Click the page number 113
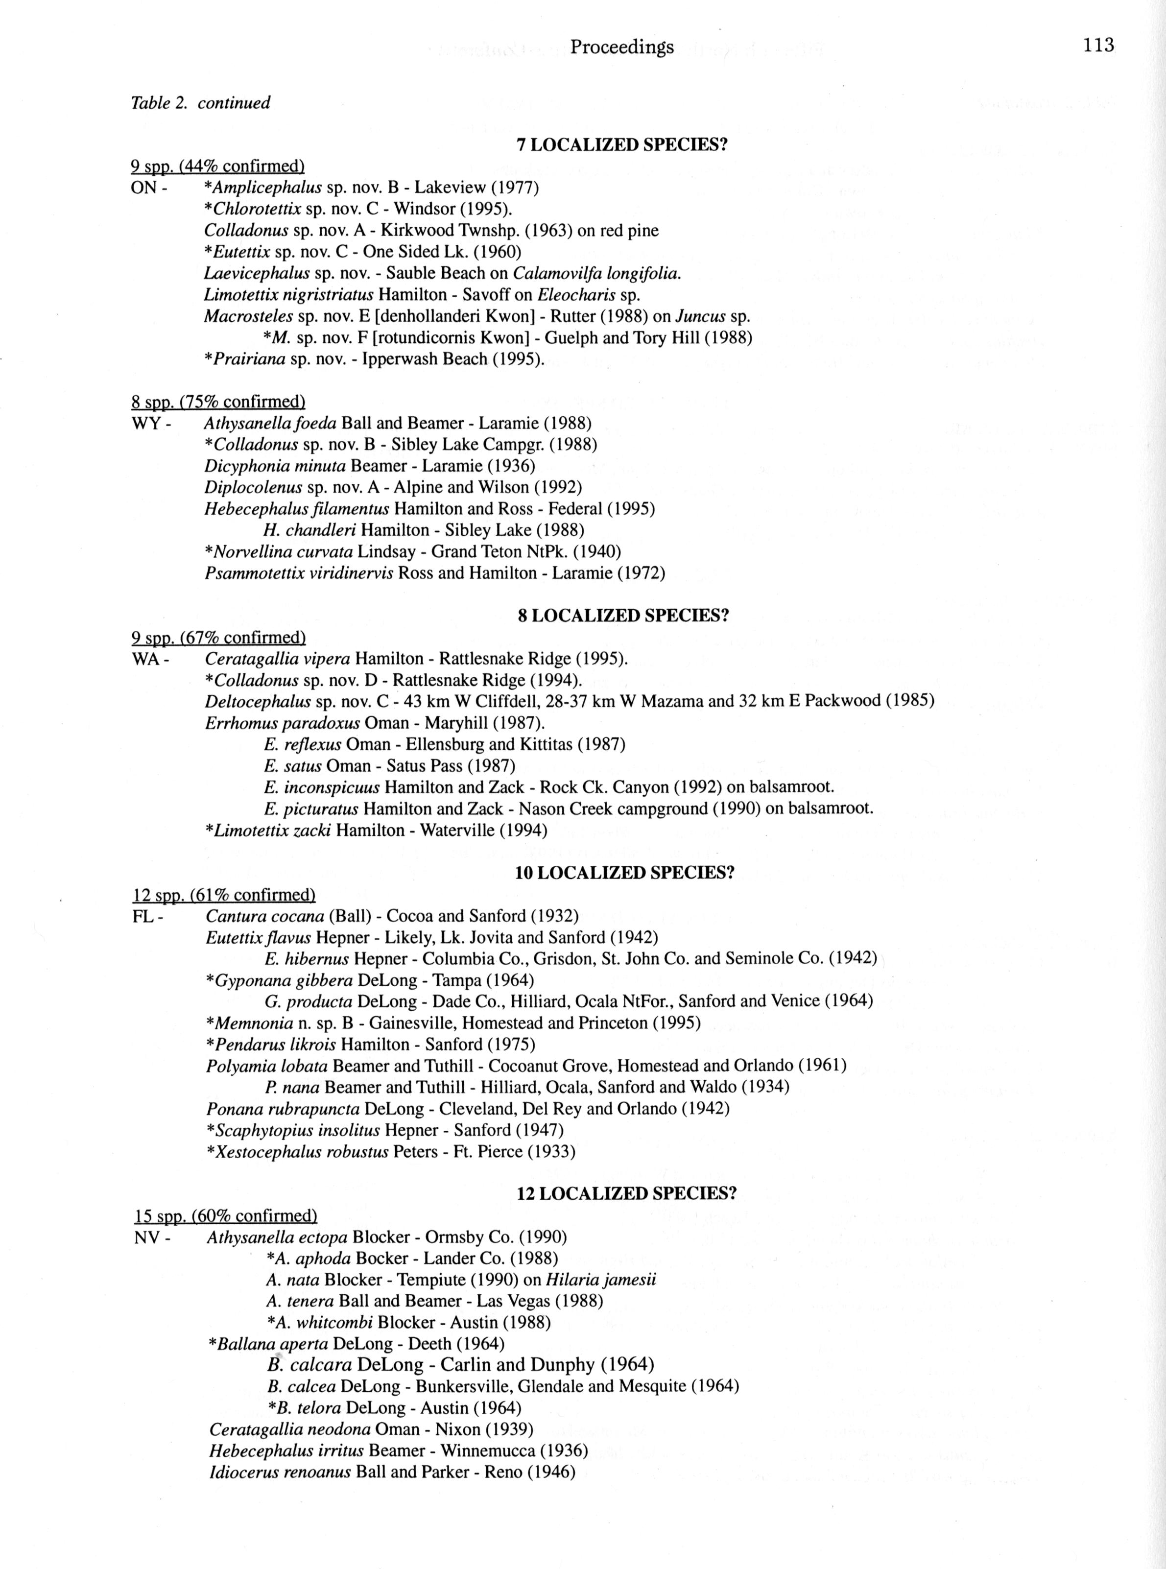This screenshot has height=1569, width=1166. tap(1099, 46)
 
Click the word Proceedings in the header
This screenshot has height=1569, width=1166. tap(622, 48)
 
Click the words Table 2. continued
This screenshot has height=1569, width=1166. tap(200, 103)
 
